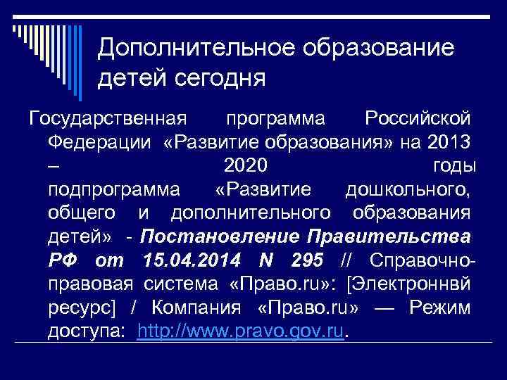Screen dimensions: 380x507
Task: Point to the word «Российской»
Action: point(418,118)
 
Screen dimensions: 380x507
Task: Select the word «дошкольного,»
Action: point(408,191)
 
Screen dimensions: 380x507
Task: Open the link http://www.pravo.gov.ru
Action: point(242,331)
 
